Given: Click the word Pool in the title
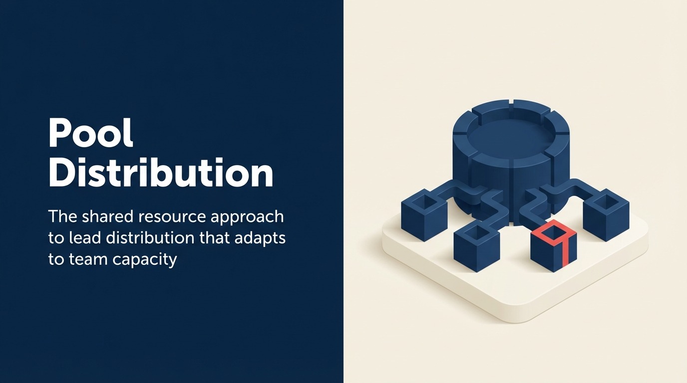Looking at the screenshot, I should coord(91,134).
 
